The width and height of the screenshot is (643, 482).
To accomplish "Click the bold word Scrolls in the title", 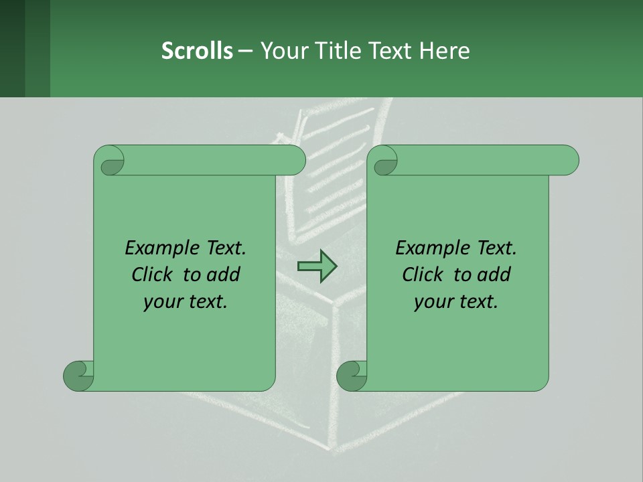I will coord(197,50).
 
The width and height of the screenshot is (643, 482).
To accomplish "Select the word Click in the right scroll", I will coord(423,274).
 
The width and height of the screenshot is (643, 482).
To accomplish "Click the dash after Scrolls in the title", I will coord(245,50).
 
